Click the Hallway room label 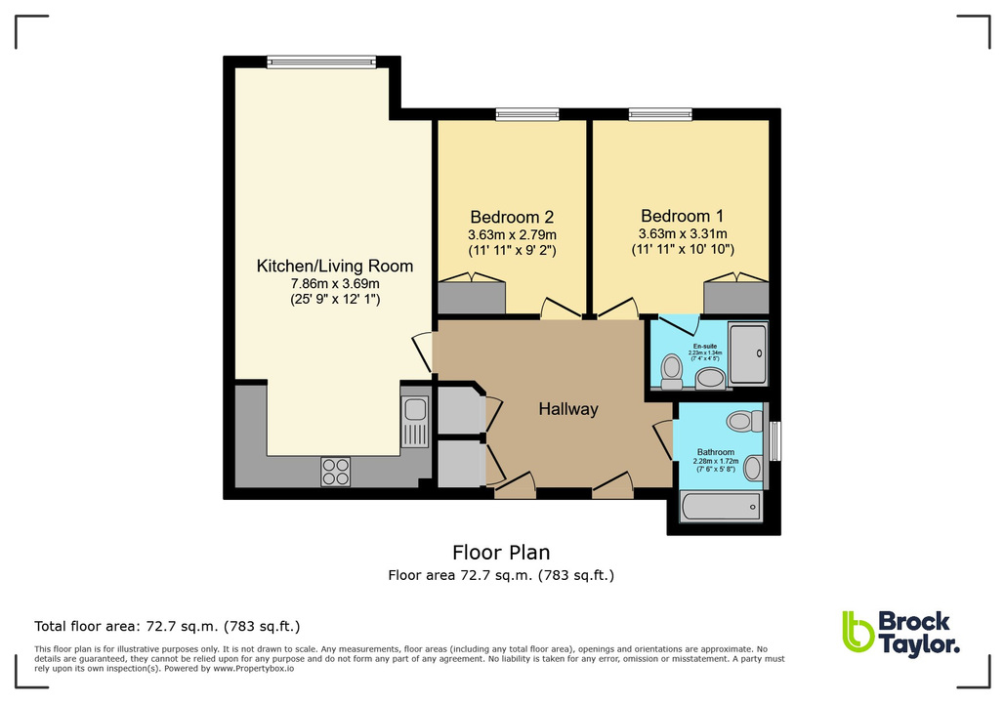point(567,410)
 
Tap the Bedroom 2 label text point(512,217)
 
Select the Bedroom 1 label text point(682,216)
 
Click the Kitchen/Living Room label point(334,266)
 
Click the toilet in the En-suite point(672,369)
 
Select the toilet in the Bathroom point(744,422)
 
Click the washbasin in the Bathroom point(752,469)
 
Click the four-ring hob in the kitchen point(335,472)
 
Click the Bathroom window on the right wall point(775,440)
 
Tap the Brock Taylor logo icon point(858,633)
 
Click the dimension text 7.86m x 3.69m point(334,284)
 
